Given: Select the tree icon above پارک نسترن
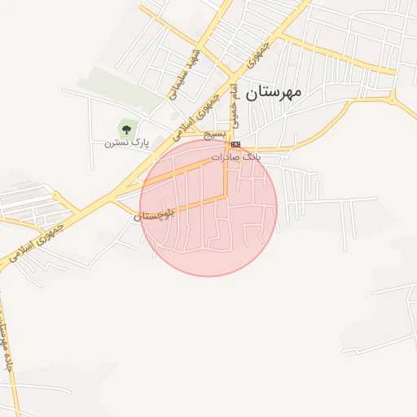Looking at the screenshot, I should [x=125, y=128].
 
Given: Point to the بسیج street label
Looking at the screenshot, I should [x=214, y=133].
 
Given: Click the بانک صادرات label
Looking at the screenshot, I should [x=238, y=156].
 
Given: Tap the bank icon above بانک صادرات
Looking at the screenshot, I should [x=236, y=144].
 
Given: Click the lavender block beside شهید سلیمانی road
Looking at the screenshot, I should [x=209, y=63].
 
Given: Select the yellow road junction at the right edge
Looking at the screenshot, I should [x=395, y=98].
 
